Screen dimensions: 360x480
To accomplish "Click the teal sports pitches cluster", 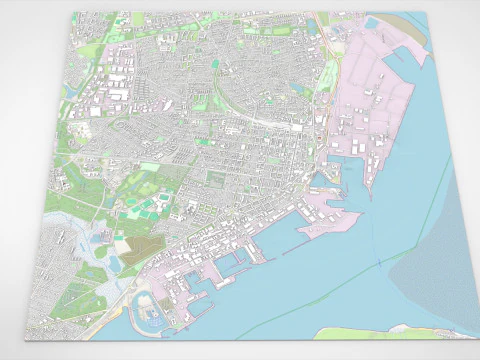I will click(x=150, y=205).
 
